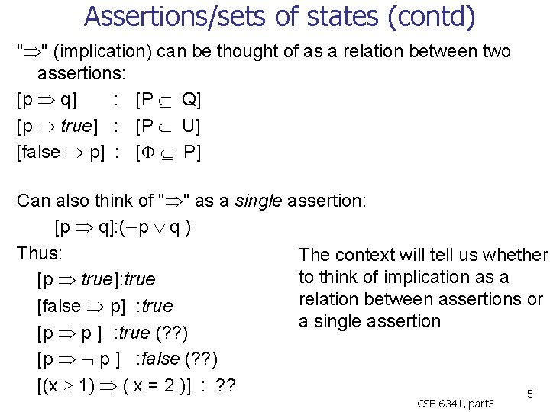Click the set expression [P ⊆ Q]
click(x=167, y=100)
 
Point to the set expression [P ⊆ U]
click(x=167, y=126)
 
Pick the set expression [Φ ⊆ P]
click(x=167, y=152)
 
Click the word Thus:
click(x=39, y=253)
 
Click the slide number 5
click(x=530, y=394)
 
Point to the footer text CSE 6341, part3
click(x=456, y=403)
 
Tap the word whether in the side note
click(x=517, y=255)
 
